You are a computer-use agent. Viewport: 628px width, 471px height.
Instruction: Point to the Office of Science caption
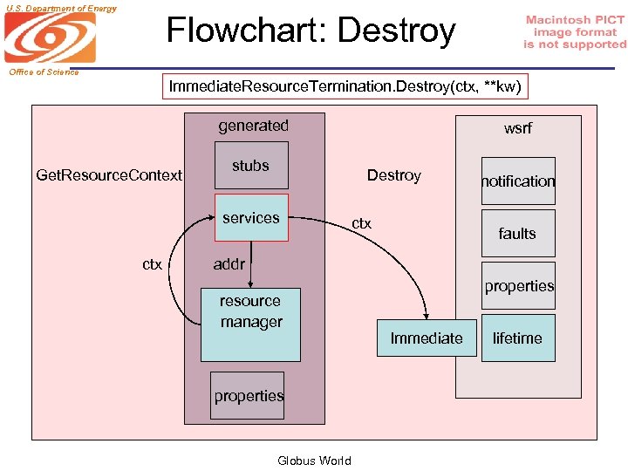44,72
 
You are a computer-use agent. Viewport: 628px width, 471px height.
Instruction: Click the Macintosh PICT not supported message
575,32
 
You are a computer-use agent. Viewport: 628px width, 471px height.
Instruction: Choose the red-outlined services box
250,218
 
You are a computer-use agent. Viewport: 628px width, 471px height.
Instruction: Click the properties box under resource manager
249,396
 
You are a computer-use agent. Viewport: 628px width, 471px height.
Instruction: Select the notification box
518,181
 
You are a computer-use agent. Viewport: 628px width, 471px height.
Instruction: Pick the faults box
518,233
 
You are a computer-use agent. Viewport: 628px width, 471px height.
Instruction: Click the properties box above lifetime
519,286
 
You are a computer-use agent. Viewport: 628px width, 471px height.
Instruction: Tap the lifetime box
517,338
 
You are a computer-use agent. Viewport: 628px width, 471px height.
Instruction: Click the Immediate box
427,338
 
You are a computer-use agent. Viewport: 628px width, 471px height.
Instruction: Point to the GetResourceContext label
109,175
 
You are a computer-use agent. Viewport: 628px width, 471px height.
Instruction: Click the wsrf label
517,128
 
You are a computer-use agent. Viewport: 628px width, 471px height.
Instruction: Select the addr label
229,264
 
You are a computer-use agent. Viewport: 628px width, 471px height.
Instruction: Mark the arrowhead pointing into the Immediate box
427,317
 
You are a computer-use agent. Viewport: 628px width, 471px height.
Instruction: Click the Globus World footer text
314,461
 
